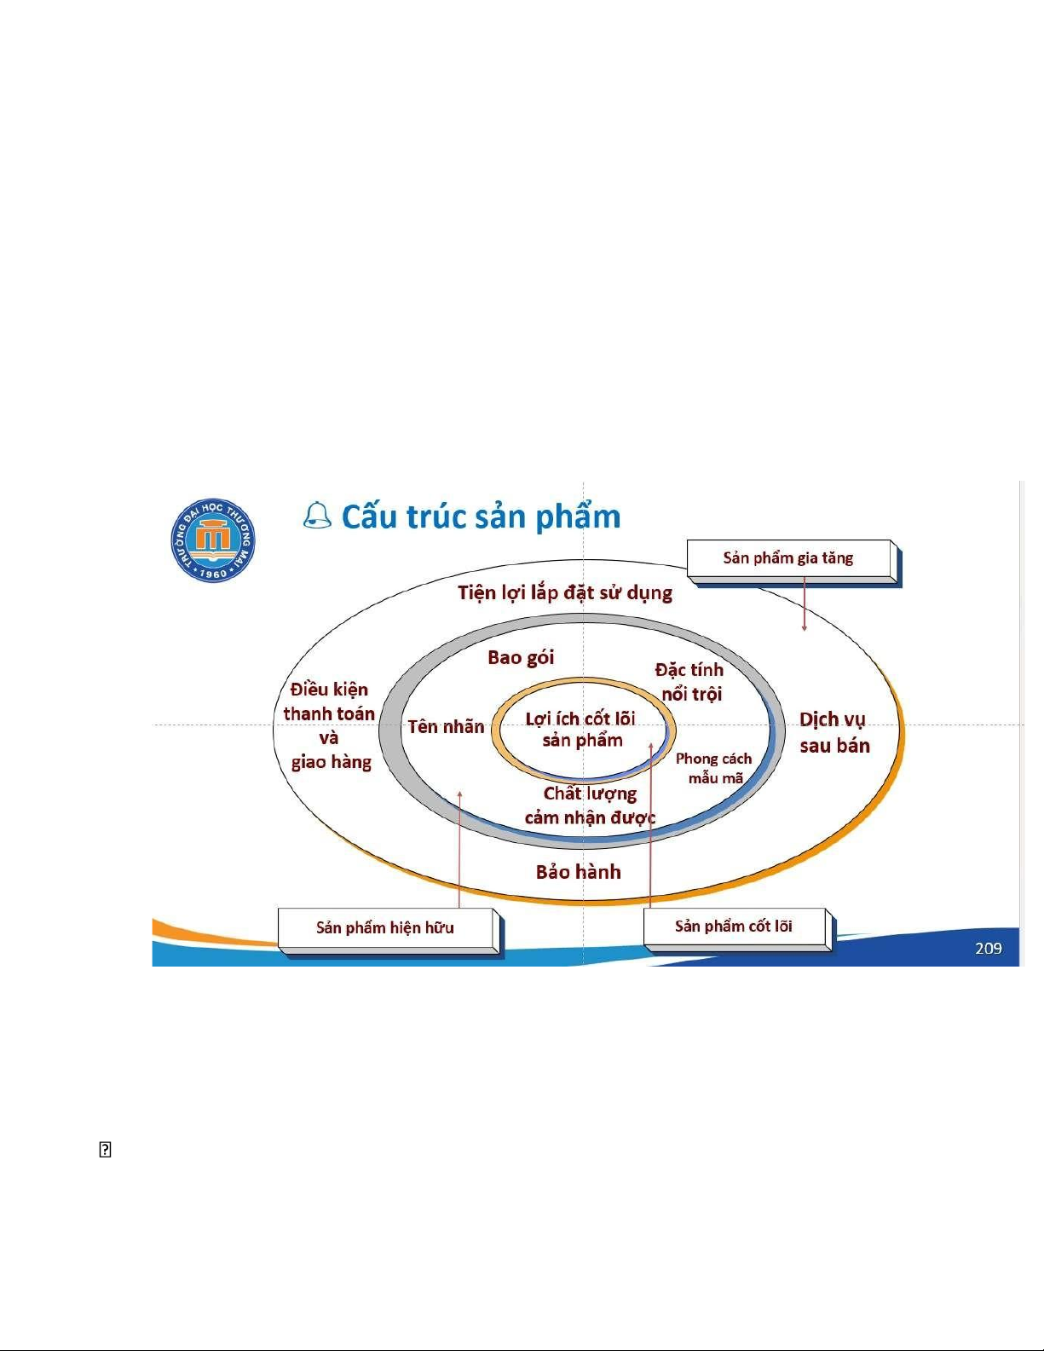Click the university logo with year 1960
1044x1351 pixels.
click(x=212, y=540)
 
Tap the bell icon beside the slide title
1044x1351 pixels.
click(x=317, y=516)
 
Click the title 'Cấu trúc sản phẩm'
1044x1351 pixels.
click(x=481, y=517)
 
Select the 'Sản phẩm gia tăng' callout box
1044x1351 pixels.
click(x=789, y=558)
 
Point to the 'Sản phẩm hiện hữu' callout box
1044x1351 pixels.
click(x=385, y=927)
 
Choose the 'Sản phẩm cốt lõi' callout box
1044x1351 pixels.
click(x=734, y=926)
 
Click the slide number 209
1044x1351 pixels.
click(x=988, y=948)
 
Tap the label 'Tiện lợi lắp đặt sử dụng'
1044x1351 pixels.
click(x=564, y=592)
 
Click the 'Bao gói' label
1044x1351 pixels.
click(x=521, y=657)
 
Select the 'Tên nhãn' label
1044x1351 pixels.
click(x=446, y=726)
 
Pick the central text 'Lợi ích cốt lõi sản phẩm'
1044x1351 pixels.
click(x=581, y=730)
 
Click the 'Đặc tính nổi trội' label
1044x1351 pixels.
click(x=690, y=682)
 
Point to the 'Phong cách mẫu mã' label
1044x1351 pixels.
click(x=714, y=768)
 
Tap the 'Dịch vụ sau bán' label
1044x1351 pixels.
click(x=833, y=732)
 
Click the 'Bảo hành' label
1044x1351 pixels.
click(x=578, y=871)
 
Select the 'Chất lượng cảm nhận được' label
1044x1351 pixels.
click(x=590, y=805)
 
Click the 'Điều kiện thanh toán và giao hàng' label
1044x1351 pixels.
click(x=330, y=725)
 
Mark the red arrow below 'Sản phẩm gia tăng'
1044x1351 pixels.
click(x=805, y=604)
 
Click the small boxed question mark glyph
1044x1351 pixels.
click(x=105, y=1150)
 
